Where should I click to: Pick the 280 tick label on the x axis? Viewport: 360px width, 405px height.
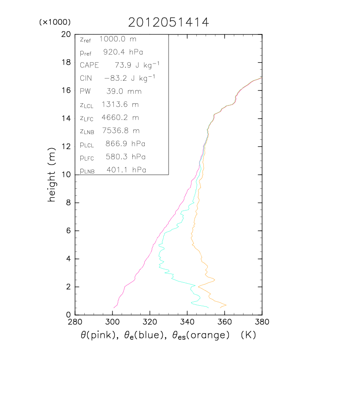pyautogui.click(x=75, y=322)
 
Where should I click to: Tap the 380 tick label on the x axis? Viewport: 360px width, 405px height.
pyautogui.click(x=262, y=322)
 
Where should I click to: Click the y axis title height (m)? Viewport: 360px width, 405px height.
pyautogui.click(x=52, y=174)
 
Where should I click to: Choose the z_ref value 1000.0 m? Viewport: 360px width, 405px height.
pyautogui.click(x=118, y=39)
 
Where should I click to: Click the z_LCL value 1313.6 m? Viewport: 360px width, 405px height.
pyautogui.click(x=120, y=105)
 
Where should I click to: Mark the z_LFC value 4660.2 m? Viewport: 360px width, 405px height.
pyautogui.click(x=120, y=118)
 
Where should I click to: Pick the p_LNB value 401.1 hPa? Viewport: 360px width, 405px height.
pyautogui.click(x=126, y=170)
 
